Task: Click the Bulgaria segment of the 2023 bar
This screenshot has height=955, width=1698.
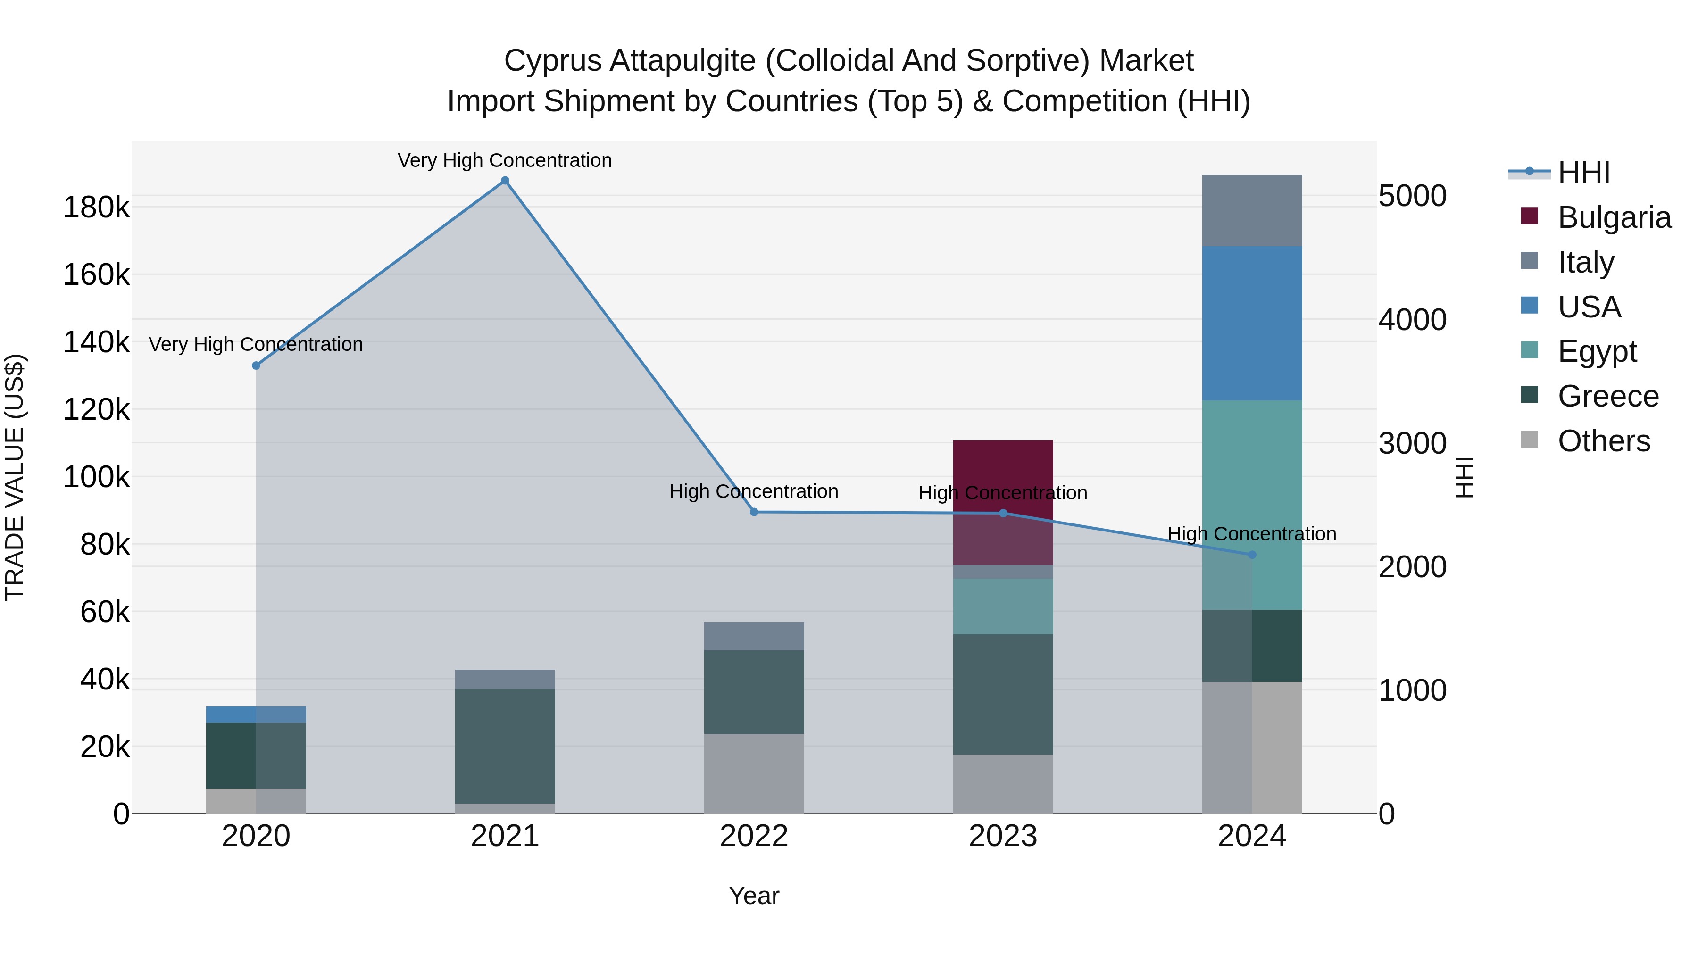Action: [1003, 474]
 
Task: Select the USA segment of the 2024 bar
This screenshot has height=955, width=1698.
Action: [1252, 323]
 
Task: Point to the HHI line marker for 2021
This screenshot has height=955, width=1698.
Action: [505, 181]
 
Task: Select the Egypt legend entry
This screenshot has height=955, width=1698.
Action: [1596, 351]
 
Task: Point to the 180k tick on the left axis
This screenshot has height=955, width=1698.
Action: [96, 208]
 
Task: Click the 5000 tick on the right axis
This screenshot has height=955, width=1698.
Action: [1412, 196]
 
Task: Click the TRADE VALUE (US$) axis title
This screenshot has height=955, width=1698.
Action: [15, 477]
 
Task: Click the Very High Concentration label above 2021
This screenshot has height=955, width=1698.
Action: [504, 160]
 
